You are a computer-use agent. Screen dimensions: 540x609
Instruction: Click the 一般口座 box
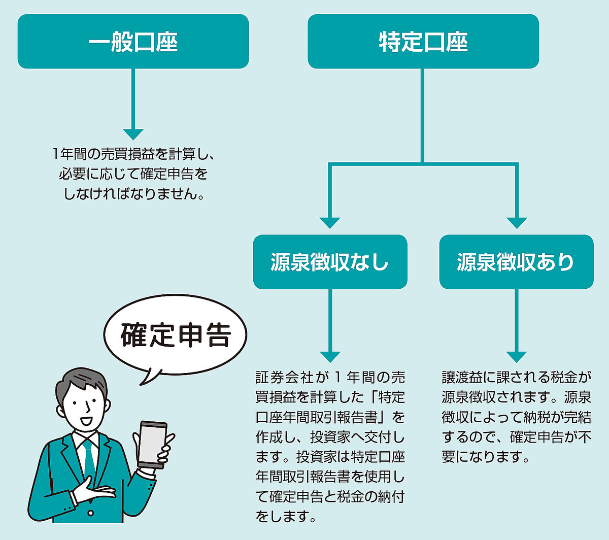133,41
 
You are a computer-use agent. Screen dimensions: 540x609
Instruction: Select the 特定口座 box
423,41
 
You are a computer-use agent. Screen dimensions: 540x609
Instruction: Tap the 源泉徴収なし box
330,262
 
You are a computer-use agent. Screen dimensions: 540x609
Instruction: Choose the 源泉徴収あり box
516,262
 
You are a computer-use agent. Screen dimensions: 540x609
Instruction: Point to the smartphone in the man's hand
152,444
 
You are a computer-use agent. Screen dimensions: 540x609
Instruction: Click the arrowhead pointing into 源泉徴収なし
330,222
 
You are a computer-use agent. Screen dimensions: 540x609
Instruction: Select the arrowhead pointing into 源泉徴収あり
517,222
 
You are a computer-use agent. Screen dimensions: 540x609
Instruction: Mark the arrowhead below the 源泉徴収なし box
330,356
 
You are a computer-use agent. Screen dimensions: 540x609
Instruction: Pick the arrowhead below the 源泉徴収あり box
517,356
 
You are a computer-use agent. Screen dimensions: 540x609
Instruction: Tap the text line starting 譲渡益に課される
516,378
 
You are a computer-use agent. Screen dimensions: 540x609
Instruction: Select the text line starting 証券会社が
330,378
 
